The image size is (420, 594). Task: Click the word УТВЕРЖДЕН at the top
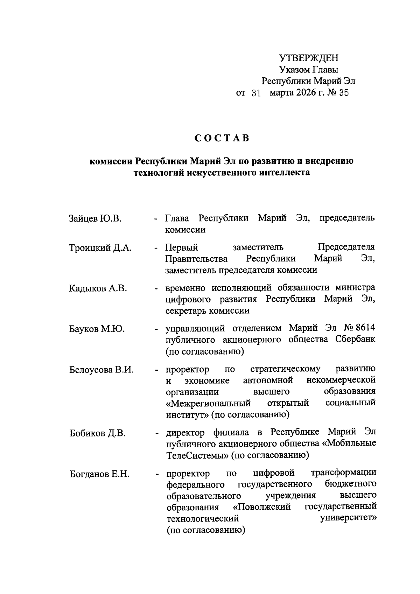pos(309,58)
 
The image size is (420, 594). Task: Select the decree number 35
pos(344,93)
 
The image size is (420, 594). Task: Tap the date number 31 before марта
pos(257,93)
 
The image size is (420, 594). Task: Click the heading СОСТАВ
pos(222,138)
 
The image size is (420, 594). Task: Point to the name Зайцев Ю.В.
pos(95,219)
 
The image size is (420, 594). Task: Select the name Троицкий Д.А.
pos(100,248)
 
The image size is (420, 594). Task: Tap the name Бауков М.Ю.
pos(97,329)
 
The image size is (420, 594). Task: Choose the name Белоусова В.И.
pos(101,370)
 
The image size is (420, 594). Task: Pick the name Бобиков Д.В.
pos(97,433)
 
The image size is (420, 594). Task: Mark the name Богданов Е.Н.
pos(100,474)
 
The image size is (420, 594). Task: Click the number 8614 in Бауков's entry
pos(365,328)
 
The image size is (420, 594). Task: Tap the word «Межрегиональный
pos(209,403)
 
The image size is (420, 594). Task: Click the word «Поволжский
pos(262,507)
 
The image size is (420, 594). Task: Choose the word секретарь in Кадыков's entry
pos(186,310)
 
